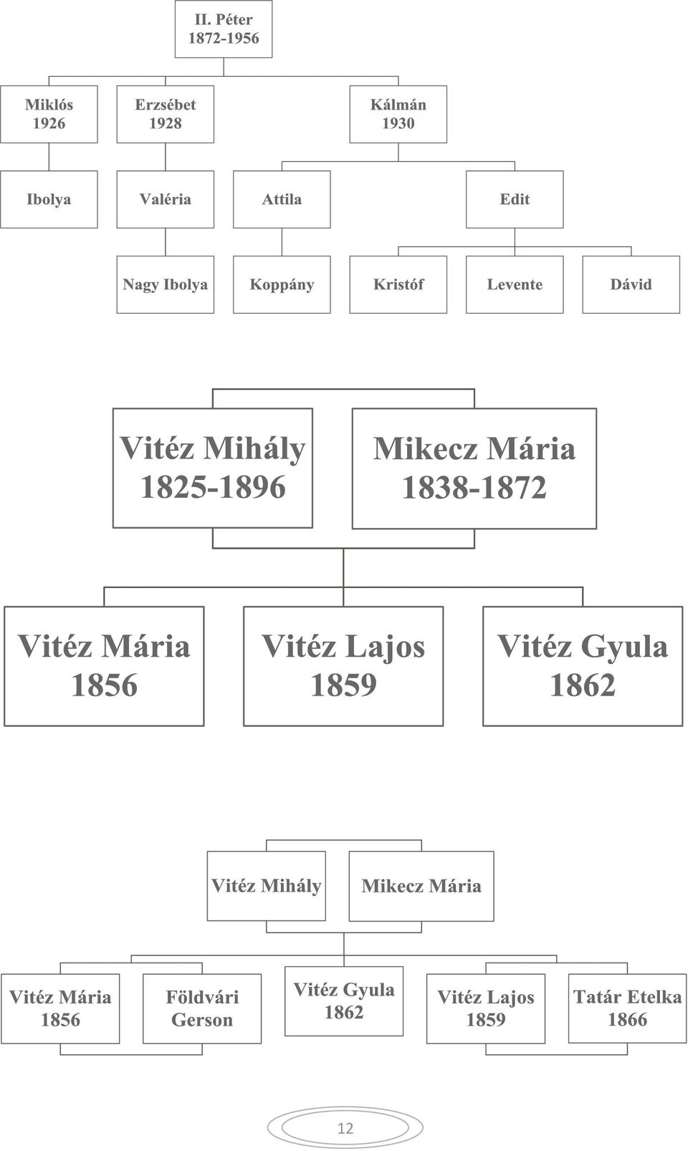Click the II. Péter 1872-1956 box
tap(224, 29)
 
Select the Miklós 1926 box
tap(49, 114)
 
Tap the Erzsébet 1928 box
tap(166, 114)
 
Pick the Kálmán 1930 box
tap(398, 114)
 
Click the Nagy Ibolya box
tap(166, 284)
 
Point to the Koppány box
tap(282, 284)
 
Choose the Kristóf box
tap(398, 284)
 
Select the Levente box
tap(515, 284)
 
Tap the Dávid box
tap(631, 284)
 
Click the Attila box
tap(282, 199)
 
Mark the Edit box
tap(515, 199)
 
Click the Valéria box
tap(166, 199)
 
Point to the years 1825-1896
tap(213, 487)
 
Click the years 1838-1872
tap(474, 487)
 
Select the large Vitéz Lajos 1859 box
tap(343, 666)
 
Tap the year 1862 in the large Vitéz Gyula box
tap(583, 685)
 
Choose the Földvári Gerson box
tap(202, 1008)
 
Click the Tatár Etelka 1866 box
tap(627, 1008)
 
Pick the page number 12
tap(345, 1128)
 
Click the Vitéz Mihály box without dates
tap(267, 886)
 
